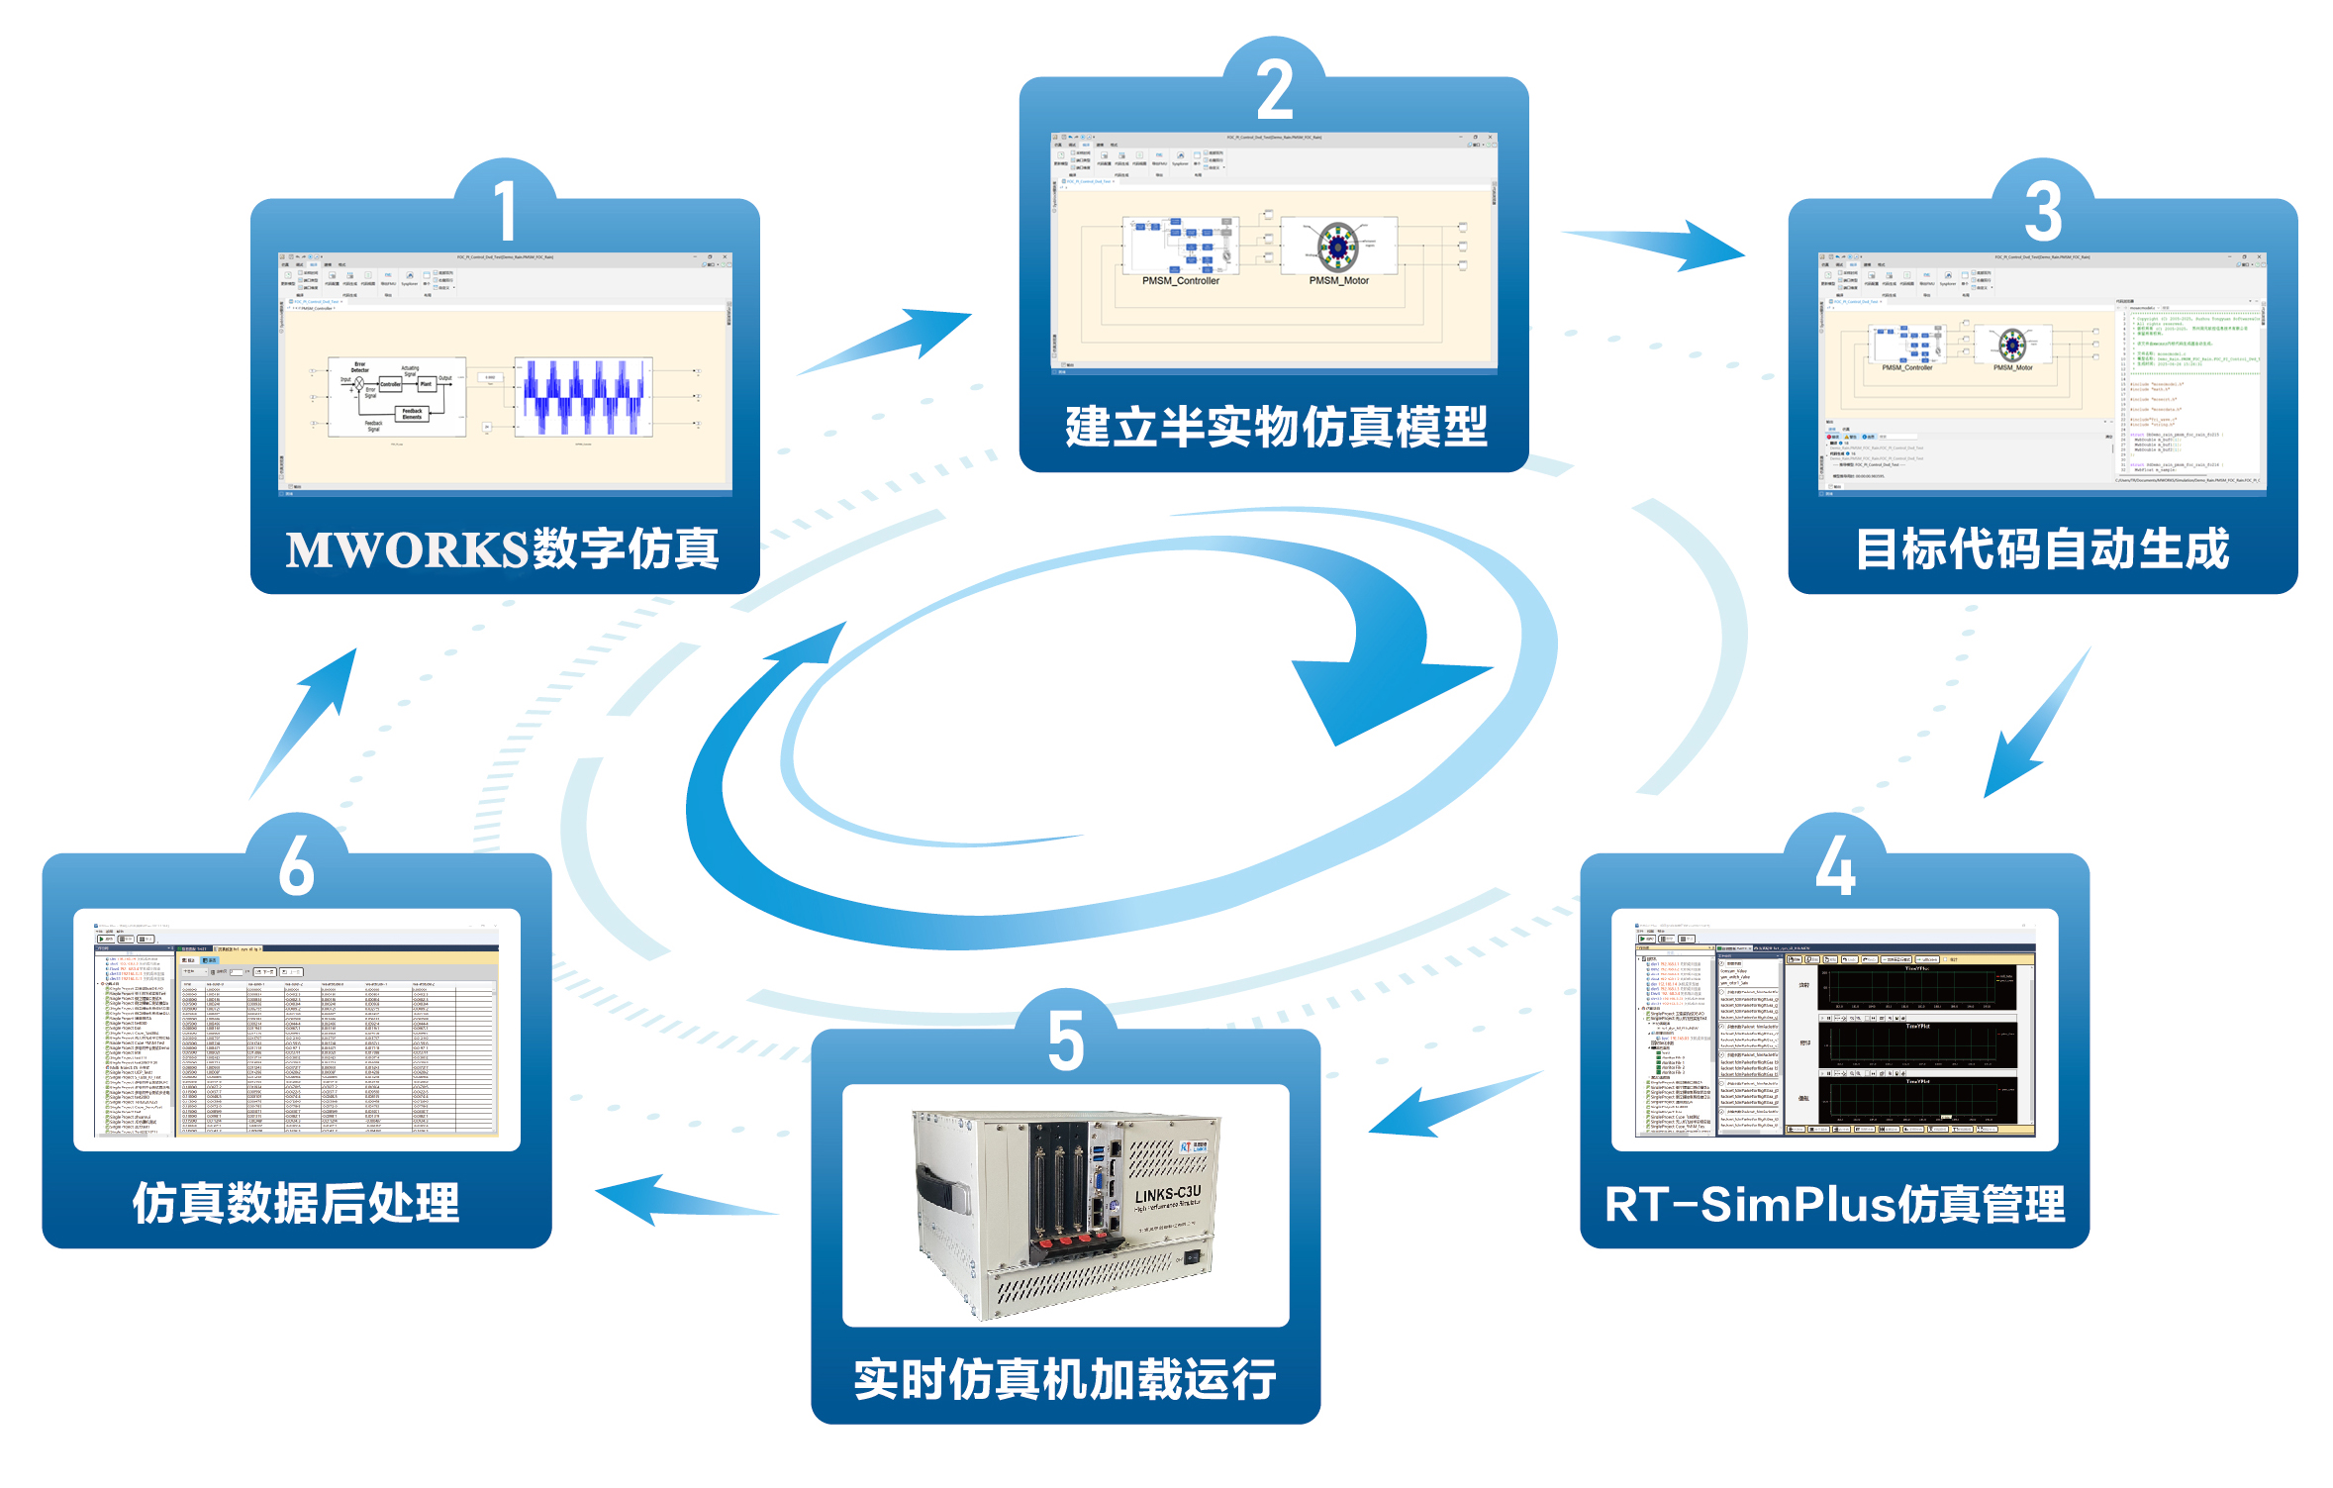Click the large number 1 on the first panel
click(506, 210)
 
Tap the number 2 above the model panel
click(1275, 90)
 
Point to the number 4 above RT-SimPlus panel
click(1834, 865)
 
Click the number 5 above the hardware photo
click(1066, 1041)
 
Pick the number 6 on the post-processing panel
click(297, 865)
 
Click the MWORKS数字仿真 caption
click(503, 549)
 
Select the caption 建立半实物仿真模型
click(1275, 428)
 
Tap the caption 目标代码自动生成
click(2042, 549)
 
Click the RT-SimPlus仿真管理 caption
click(1834, 1204)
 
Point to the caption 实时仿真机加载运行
click(1065, 1379)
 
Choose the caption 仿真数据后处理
click(296, 1204)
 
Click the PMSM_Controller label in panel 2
click(1180, 281)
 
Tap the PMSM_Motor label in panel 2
click(1338, 281)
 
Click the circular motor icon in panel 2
click(1337, 245)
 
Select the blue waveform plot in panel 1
click(583, 397)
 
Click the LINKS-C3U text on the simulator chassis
click(1167, 1194)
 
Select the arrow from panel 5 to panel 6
click(683, 1199)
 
